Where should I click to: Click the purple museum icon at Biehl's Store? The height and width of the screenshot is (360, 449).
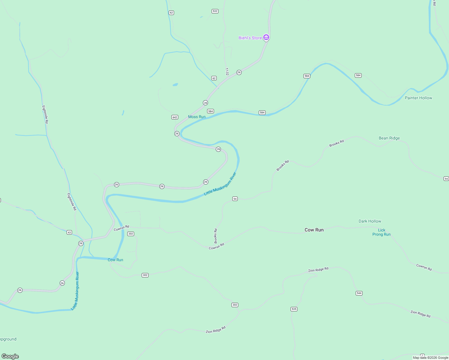266,37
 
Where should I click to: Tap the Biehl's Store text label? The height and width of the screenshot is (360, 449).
250,38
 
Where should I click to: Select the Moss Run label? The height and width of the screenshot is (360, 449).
197,117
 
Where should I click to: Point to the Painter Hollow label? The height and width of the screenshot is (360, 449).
418,98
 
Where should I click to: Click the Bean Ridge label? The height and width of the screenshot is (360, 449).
389,138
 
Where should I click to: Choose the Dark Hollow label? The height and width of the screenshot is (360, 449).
370,221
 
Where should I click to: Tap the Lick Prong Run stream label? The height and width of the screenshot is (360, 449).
381,232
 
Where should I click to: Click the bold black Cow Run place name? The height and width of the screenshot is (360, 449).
314,230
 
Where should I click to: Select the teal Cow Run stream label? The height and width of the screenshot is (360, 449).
115,260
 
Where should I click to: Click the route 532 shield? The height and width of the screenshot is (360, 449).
215,11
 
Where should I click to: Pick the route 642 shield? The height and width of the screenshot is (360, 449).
175,117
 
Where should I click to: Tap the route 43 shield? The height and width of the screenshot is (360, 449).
69,232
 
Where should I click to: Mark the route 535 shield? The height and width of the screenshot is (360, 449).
294,309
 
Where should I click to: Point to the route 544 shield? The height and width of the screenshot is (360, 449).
359,293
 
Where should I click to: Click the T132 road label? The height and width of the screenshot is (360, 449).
227,72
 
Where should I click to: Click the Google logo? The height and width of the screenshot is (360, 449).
10,356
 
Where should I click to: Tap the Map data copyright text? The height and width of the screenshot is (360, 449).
430,358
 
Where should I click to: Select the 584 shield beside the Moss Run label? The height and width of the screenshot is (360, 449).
210,111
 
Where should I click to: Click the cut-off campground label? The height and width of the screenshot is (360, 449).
8,339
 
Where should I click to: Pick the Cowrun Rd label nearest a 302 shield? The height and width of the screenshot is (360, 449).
121,228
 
